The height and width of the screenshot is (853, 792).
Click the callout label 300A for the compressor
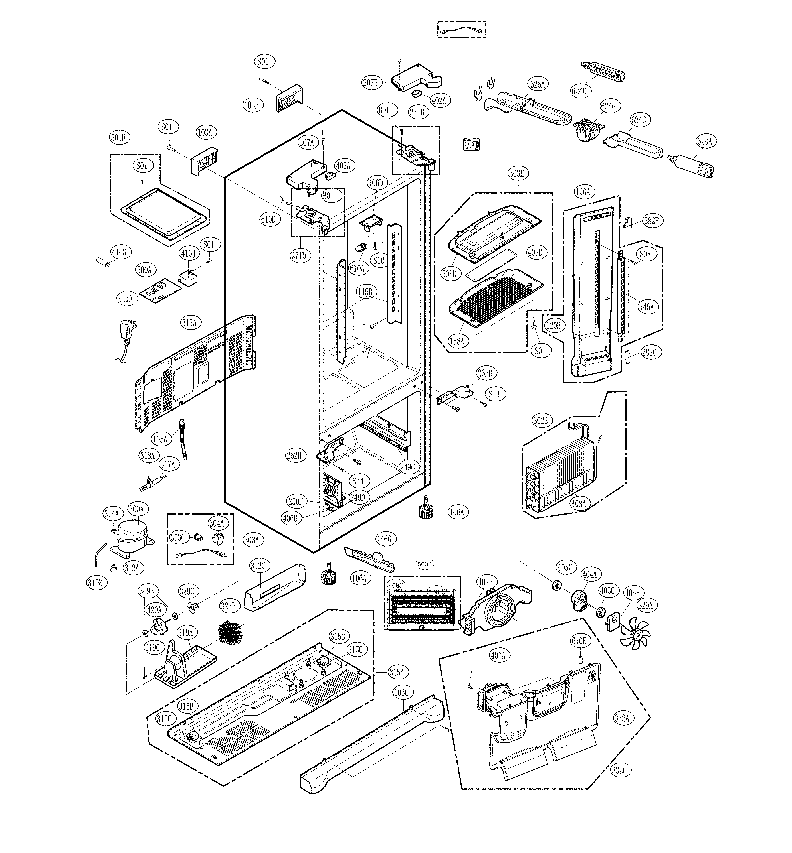click(136, 509)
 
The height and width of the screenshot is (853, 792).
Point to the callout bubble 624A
click(705, 141)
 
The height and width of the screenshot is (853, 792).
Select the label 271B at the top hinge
click(417, 112)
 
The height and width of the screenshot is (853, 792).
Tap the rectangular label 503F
click(424, 565)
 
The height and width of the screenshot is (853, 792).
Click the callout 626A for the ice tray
click(537, 85)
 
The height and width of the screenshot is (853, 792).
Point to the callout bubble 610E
click(578, 641)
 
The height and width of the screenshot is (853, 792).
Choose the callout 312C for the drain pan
click(258, 566)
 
